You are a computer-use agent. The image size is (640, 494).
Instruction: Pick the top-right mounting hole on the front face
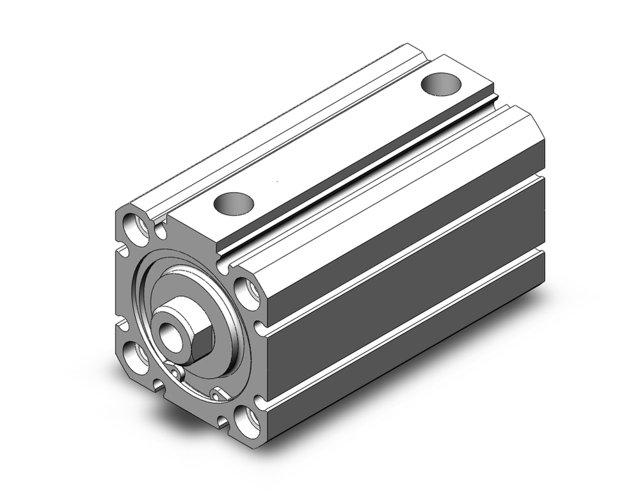(x=247, y=292)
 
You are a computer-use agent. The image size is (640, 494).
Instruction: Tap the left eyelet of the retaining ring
(x=177, y=373)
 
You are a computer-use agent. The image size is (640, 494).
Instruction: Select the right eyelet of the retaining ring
(x=218, y=394)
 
